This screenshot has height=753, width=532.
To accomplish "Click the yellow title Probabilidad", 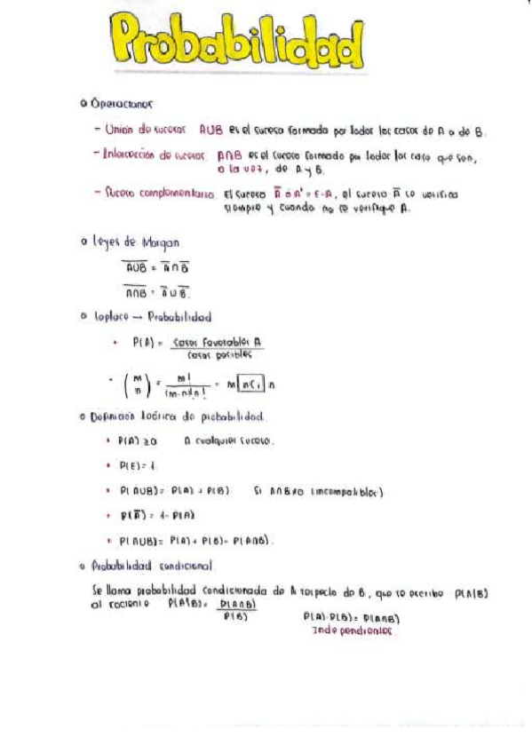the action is (x=237, y=44).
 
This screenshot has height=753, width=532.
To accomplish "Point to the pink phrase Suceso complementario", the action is (x=158, y=191).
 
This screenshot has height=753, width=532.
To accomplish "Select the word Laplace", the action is (x=110, y=316).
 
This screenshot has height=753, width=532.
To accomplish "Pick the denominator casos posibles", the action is (x=213, y=353).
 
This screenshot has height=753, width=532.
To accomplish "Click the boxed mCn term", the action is (x=250, y=384).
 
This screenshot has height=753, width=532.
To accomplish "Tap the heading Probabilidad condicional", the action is (x=151, y=564).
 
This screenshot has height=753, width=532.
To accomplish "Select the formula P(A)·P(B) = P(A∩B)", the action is (x=352, y=618).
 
